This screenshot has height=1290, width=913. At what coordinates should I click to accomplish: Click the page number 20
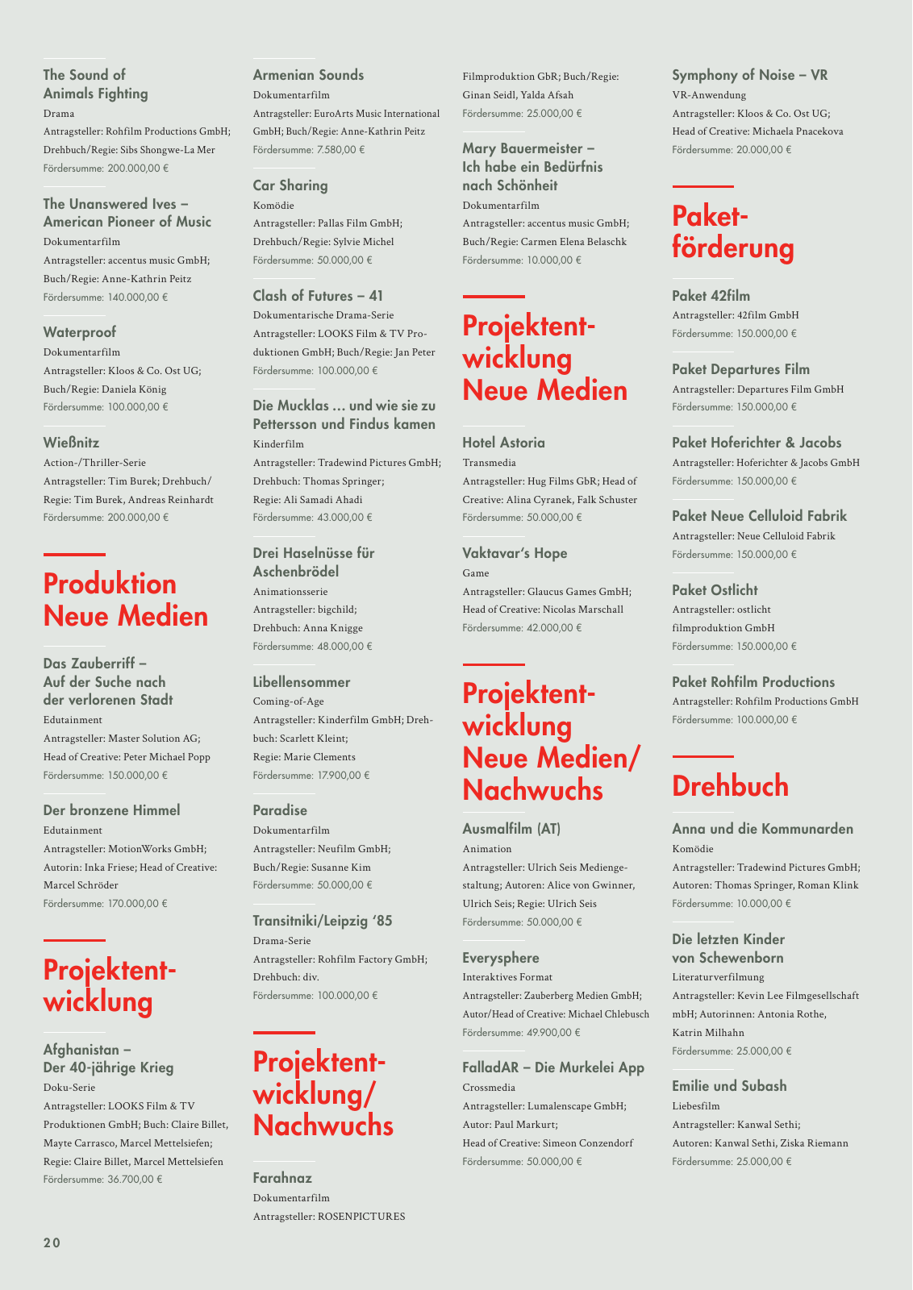tap(52, 1242)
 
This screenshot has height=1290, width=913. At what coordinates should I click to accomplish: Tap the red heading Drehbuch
tap(730, 786)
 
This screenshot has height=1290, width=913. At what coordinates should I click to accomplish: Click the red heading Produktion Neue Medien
tap(126, 600)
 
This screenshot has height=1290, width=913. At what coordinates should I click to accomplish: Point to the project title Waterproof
tap(79, 332)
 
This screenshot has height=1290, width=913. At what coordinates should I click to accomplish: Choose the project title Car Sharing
tap(290, 185)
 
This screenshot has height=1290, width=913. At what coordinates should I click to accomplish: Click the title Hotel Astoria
tap(503, 443)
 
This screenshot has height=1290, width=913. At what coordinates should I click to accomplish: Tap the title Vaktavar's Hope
tap(515, 553)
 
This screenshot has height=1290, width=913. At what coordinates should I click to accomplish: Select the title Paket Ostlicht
tap(715, 590)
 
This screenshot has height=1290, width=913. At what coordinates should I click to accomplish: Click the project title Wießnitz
tap(71, 443)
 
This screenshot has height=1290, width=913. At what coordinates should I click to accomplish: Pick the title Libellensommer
tap(302, 682)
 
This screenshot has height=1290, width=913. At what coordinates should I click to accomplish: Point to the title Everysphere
tap(501, 958)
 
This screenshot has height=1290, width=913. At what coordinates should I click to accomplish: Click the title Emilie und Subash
tap(729, 1086)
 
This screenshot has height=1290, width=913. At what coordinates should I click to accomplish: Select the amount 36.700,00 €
tap(135, 1180)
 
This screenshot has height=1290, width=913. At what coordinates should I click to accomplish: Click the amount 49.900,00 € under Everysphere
tap(552, 1033)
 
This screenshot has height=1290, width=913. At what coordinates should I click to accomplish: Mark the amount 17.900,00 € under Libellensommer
tap(343, 776)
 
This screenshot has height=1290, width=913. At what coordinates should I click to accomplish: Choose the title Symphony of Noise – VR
tap(750, 75)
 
